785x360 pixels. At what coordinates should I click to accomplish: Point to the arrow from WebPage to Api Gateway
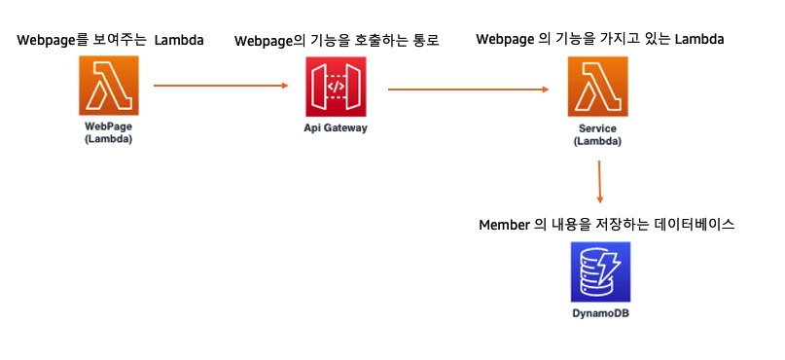(x=222, y=86)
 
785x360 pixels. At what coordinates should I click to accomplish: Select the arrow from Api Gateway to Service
(x=468, y=90)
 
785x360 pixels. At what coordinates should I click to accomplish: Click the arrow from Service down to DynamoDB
(x=599, y=180)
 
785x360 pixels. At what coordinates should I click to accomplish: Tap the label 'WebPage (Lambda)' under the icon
(x=108, y=133)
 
